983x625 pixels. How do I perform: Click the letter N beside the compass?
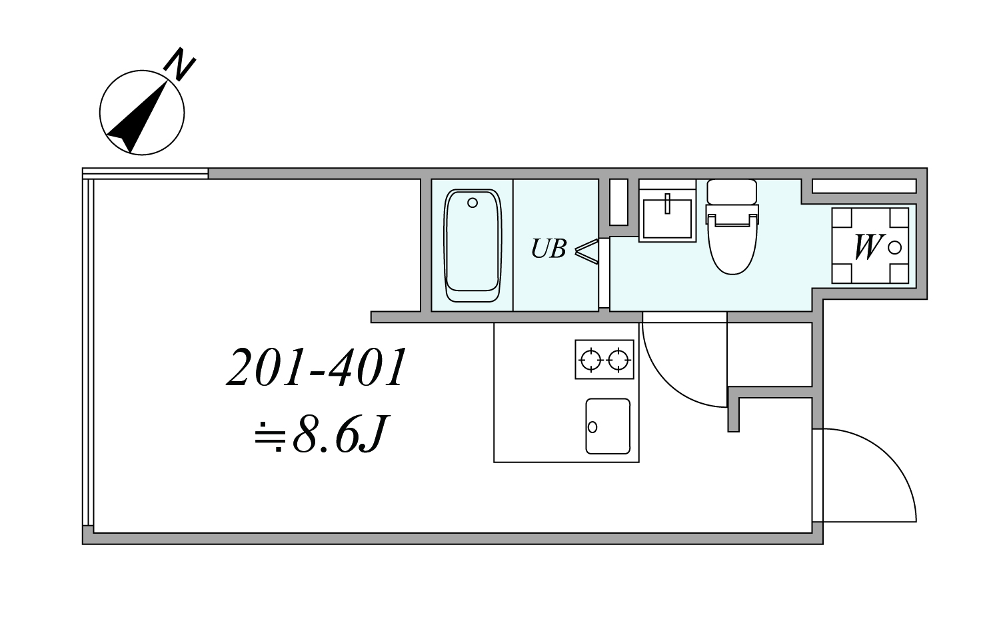179,64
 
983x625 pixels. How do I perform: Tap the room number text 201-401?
317,367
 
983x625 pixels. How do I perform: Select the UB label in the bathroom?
548,249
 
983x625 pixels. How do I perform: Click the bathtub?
473,245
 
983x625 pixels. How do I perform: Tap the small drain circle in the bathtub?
473,203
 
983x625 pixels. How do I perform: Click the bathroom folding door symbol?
586,251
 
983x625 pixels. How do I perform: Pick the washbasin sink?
668,218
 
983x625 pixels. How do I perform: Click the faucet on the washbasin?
668,203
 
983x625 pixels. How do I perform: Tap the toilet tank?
732,192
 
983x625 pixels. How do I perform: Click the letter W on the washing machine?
868,247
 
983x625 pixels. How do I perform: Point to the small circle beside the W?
894,248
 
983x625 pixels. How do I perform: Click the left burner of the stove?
590,360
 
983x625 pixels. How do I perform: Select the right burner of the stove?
619,360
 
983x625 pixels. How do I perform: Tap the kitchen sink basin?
608,426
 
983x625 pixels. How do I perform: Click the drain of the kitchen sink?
592,426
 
